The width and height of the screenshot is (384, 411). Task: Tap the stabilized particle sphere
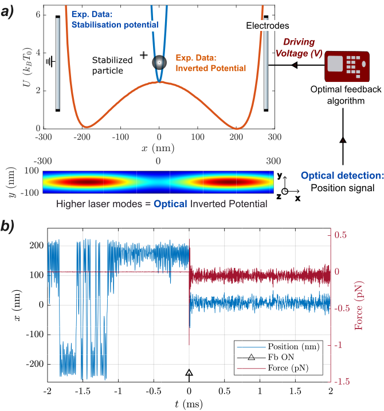pyautogui.click(x=159, y=63)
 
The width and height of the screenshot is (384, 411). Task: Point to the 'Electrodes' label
pyautogui.click(x=268, y=26)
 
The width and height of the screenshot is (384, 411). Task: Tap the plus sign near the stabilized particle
pyautogui.click(x=143, y=55)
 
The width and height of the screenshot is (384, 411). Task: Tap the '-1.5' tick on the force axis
pyautogui.click(x=343, y=382)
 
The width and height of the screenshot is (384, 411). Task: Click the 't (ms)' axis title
pyautogui.click(x=189, y=404)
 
